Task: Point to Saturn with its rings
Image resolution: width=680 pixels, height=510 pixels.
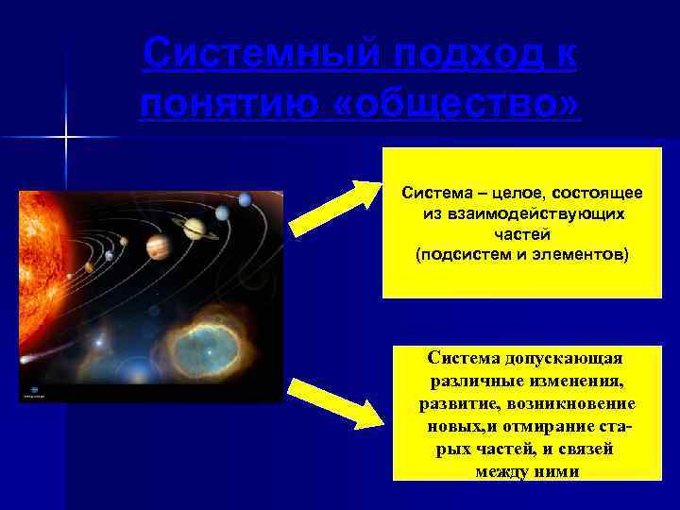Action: pyautogui.click(x=194, y=229)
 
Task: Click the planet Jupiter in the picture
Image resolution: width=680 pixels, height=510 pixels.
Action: pyautogui.click(x=158, y=246)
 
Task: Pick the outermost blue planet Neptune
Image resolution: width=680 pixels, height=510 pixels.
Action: pyautogui.click(x=246, y=199)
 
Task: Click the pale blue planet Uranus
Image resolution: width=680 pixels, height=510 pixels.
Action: pyautogui.click(x=222, y=213)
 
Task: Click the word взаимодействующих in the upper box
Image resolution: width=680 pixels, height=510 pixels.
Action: pyautogui.click(x=522, y=214)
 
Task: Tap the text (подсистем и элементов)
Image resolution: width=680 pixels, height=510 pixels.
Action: pyautogui.click(x=521, y=255)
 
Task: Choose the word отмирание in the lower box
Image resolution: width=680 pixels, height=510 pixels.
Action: pyautogui.click(x=556, y=427)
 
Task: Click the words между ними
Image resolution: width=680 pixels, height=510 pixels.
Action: pyautogui.click(x=528, y=471)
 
